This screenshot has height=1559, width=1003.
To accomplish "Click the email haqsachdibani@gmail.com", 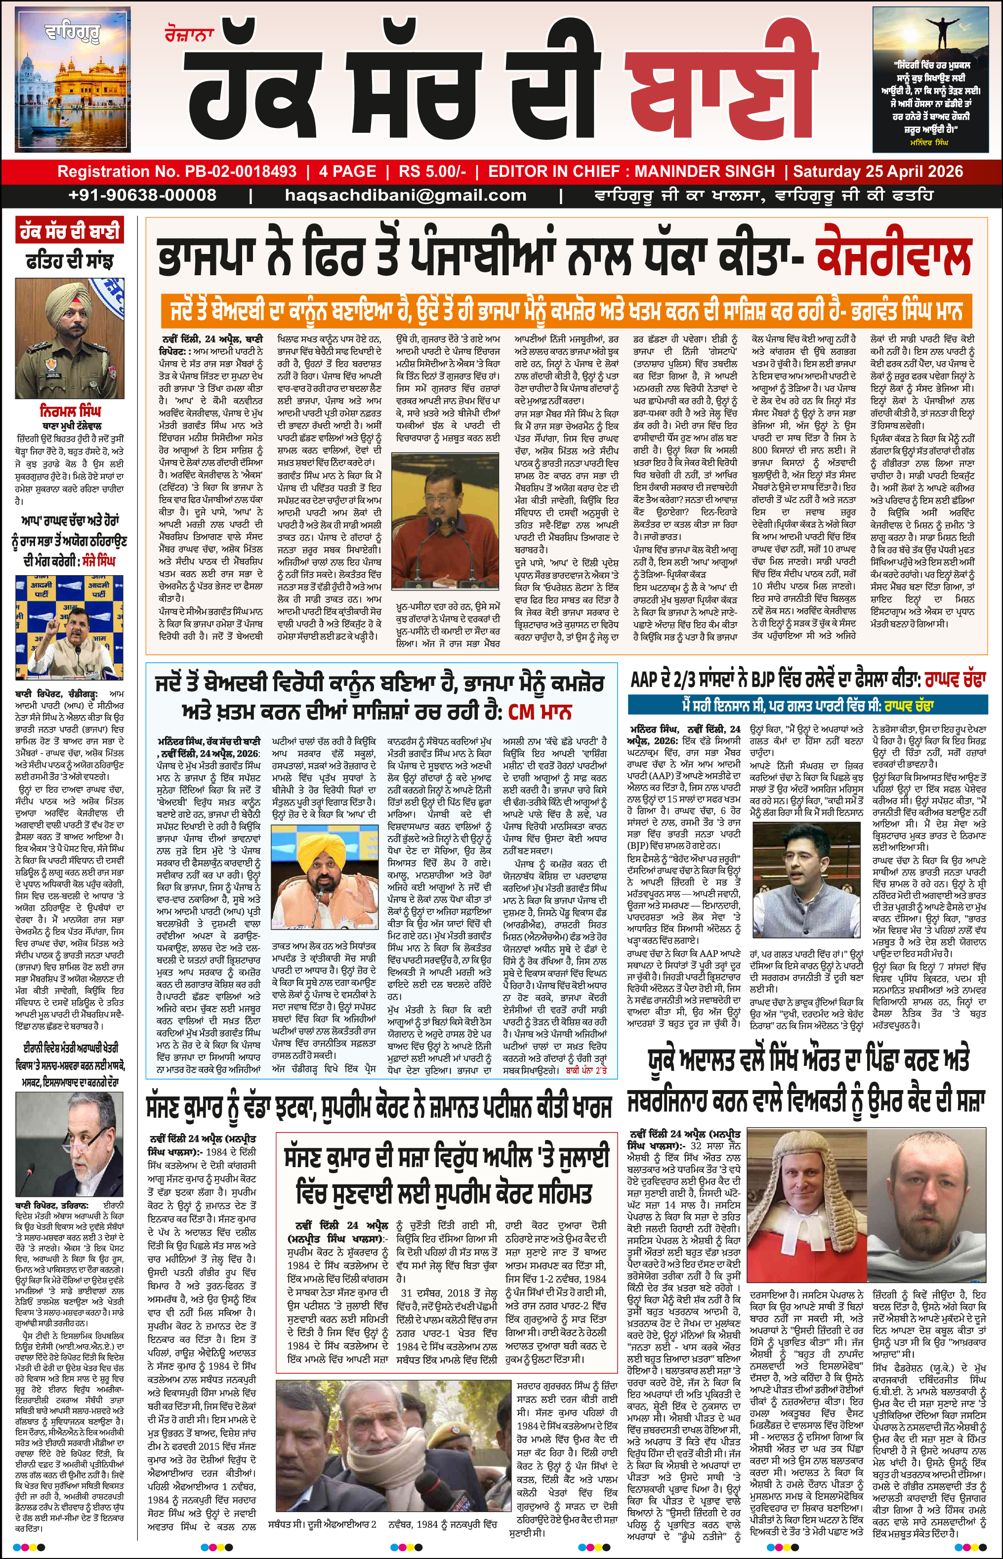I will [405, 195].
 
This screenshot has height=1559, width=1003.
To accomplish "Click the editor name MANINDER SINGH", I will [704, 171].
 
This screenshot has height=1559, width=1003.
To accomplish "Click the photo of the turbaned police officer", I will [69, 338].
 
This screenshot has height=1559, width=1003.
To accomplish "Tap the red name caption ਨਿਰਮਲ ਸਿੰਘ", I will [70, 411].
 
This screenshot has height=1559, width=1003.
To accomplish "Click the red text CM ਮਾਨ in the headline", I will [539, 711].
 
